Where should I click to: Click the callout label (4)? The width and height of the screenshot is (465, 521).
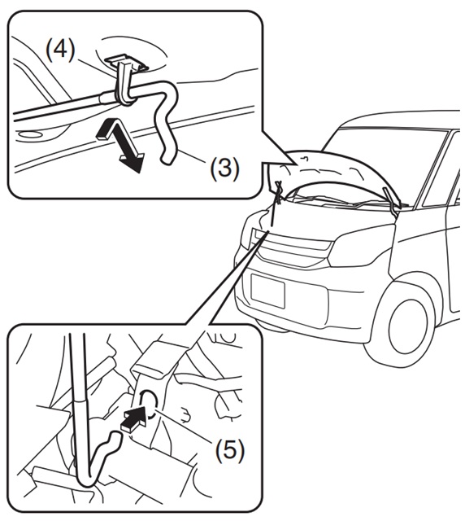pyautogui.click(x=60, y=50)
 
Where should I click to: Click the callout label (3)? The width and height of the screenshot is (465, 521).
pyautogui.click(x=224, y=169)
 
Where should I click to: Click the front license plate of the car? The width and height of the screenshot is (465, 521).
pyautogui.click(x=267, y=291)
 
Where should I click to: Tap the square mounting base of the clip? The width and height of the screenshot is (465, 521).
pyautogui.click(x=125, y=62)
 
